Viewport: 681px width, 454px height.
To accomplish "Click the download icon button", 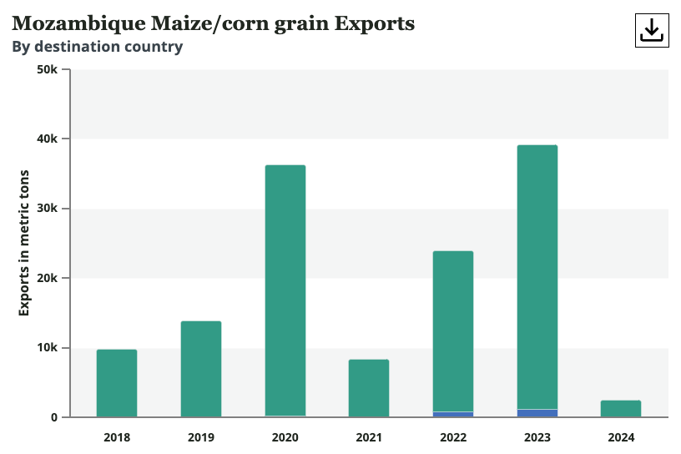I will pyautogui.click(x=651, y=30).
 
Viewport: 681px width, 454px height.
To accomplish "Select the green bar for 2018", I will pyautogui.click(x=117, y=383).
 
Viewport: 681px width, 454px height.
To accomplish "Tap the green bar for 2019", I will pyautogui.click(x=201, y=369).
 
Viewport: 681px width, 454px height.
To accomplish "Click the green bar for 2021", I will pyautogui.click(x=369, y=388).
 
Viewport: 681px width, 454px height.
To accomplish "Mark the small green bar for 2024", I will pyautogui.click(x=621, y=409).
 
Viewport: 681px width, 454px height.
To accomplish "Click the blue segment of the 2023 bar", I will pyautogui.click(x=537, y=413).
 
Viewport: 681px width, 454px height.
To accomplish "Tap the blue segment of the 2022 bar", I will pyautogui.click(x=453, y=414).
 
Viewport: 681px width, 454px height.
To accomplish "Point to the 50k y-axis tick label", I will pyautogui.click(x=48, y=69).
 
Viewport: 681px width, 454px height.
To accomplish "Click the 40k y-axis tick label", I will pyautogui.click(x=48, y=139).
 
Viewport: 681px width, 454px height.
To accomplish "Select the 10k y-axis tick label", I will pyautogui.click(x=48, y=347).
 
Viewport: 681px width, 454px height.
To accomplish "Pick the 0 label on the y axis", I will pyautogui.click(x=55, y=417).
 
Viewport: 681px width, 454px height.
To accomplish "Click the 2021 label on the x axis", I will pyautogui.click(x=369, y=437).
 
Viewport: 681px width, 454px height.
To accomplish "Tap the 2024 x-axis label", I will pyautogui.click(x=621, y=437).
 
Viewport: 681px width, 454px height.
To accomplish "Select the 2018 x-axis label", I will pyautogui.click(x=117, y=437).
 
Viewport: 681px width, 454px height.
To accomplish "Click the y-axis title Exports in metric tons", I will pyautogui.click(x=24, y=243).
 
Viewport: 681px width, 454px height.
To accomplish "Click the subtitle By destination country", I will pyautogui.click(x=97, y=47).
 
